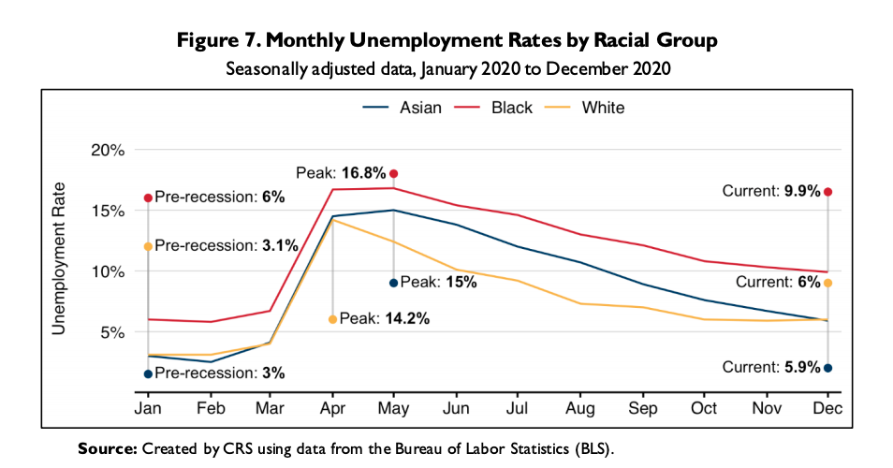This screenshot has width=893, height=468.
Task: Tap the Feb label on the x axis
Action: pyautogui.click(x=210, y=409)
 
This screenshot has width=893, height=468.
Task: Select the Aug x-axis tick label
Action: pyautogui.click(x=580, y=409)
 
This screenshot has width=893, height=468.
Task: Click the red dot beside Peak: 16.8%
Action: pyautogui.click(x=394, y=173)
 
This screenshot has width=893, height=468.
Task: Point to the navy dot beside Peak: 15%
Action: pyautogui.click(x=394, y=283)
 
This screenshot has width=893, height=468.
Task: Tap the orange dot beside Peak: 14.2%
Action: pyautogui.click(x=333, y=319)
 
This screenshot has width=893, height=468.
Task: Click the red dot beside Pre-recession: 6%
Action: pyautogui.click(x=148, y=197)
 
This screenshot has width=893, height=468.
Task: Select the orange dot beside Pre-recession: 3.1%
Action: pyautogui.click(x=148, y=246)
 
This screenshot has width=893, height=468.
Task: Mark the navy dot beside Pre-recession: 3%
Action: pyautogui.click(x=148, y=373)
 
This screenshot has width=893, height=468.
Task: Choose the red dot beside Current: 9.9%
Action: pyautogui.click(x=827, y=192)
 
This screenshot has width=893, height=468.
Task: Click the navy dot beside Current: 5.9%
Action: pyautogui.click(x=827, y=368)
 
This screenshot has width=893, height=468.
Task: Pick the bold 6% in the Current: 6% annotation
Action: pyautogui.click(x=810, y=283)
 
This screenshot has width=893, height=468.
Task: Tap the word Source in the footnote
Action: pyautogui.click(x=107, y=449)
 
